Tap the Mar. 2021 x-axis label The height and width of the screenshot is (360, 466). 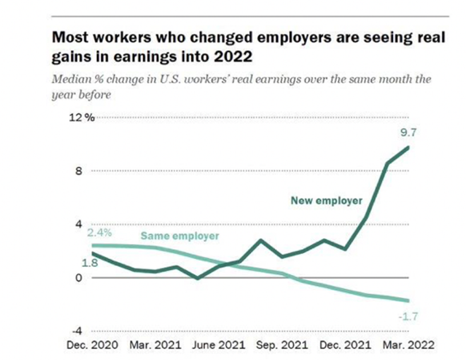coord(155,345)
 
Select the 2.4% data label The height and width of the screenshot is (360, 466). coord(99,233)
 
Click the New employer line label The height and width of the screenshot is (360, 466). coord(326,201)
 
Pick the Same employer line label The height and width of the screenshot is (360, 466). coord(180,236)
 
